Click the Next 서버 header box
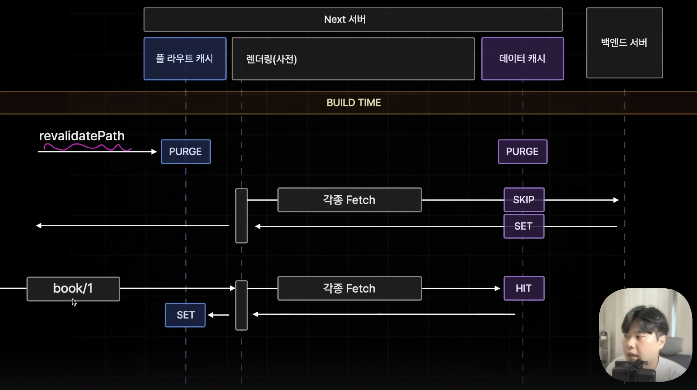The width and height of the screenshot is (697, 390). pyautogui.click(x=353, y=19)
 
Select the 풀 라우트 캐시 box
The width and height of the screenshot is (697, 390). pyautogui.click(x=185, y=59)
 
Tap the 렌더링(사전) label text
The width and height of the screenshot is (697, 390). pyautogui.click(x=271, y=59)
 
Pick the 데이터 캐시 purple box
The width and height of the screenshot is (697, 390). pyautogui.click(x=523, y=59)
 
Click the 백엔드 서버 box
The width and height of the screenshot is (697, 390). pyautogui.click(x=624, y=43)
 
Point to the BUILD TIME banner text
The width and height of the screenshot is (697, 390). pyautogui.click(x=354, y=103)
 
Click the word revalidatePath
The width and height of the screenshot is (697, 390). pyautogui.click(x=82, y=136)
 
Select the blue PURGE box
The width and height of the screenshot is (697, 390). pyautogui.click(x=186, y=151)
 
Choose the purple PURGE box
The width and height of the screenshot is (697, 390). pyautogui.click(x=523, y=151)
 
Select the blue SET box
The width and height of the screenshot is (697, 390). pyautogui.click(x=185, y=315)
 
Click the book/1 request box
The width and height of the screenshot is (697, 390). pyautogui.click(x=73, y=289)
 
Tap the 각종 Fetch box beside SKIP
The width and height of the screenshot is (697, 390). pyautogui.click(x=349, y=200)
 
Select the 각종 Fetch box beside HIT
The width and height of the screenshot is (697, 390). pyautogui.click(x=349, y=289)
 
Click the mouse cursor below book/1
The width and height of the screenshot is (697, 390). pyautogui.click(x=74, y=302)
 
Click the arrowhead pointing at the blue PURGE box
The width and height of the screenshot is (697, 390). pyautogui.click(x=154, y=152)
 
